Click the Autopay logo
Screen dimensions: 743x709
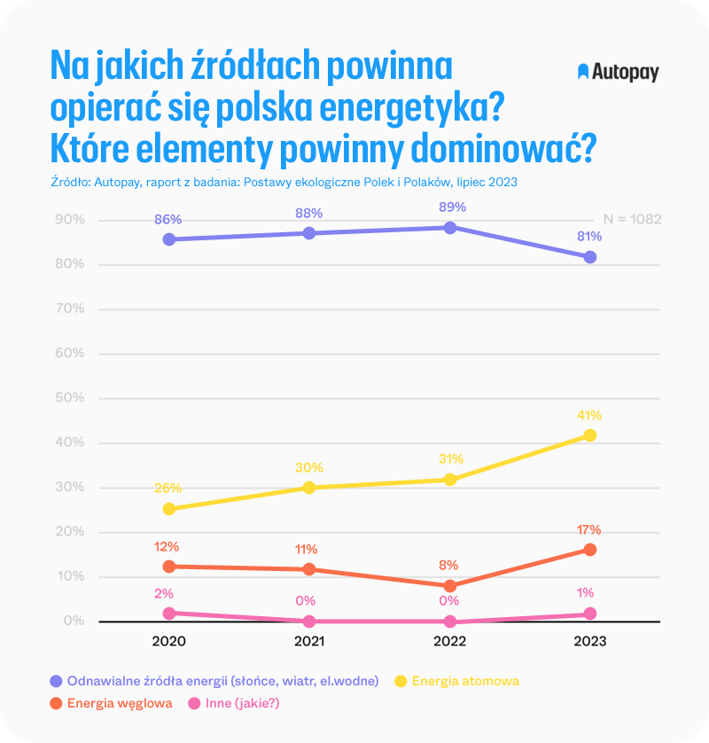618,72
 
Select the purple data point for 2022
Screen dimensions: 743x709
450,228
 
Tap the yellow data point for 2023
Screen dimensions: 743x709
590,435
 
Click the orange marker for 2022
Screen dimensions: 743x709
450,586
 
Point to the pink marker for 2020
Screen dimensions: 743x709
168,613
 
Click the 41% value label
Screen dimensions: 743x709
589,415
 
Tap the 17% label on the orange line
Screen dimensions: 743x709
589,530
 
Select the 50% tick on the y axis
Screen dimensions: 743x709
69,398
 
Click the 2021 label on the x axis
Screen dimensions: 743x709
309,641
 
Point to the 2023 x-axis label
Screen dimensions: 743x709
589,641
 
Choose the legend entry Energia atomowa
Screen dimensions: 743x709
465,681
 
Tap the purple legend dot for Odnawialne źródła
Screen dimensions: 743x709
56,681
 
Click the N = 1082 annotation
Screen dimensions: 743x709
632,219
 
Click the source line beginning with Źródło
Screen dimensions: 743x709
284,182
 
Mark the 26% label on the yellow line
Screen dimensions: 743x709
168,488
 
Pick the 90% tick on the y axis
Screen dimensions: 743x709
69,219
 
